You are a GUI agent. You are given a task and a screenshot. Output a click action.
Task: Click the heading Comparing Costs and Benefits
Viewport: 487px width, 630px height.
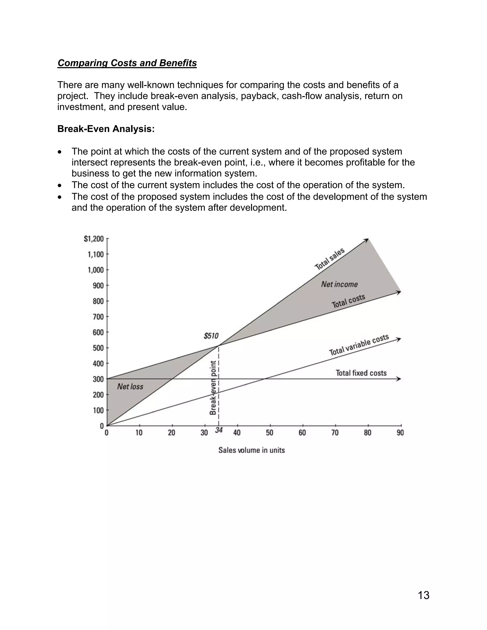127,63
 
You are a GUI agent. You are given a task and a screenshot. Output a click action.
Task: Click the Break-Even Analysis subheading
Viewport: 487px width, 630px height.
106,129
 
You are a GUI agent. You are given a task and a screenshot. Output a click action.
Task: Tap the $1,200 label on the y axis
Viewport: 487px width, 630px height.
93,239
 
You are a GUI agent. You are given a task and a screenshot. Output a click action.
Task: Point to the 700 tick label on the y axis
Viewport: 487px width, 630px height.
98,317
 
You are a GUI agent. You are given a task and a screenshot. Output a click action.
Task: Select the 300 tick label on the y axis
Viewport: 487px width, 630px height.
98,379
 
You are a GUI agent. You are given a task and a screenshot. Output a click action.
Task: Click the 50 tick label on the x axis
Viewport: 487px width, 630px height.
269,433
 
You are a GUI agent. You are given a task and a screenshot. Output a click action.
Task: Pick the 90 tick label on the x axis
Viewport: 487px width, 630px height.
400,433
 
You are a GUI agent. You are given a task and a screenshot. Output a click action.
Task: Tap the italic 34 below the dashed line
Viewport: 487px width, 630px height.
219,430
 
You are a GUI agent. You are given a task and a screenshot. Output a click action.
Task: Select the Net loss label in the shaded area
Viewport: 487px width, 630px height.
130,387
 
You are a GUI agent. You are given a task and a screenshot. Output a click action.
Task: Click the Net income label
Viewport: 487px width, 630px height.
339,284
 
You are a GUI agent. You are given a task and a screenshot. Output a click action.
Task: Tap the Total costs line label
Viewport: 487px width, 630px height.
348,301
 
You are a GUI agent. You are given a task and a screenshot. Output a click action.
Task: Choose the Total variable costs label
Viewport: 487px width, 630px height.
359,345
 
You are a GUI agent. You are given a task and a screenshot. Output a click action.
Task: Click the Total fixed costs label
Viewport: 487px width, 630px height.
361,373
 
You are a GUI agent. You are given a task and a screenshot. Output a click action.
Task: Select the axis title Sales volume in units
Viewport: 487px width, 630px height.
252,450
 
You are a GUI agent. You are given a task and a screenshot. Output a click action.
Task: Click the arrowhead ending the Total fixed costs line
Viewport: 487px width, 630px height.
399,379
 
